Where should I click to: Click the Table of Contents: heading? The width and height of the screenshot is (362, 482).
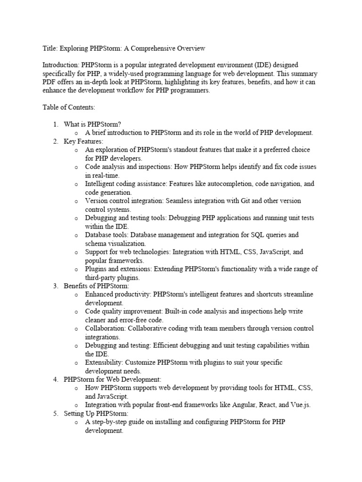point(69,107)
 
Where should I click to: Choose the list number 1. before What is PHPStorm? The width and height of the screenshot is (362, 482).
point(55,124)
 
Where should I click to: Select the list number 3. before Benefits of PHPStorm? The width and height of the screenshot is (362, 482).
point(55,286)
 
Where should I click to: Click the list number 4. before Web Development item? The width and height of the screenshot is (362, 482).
point(55,379)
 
